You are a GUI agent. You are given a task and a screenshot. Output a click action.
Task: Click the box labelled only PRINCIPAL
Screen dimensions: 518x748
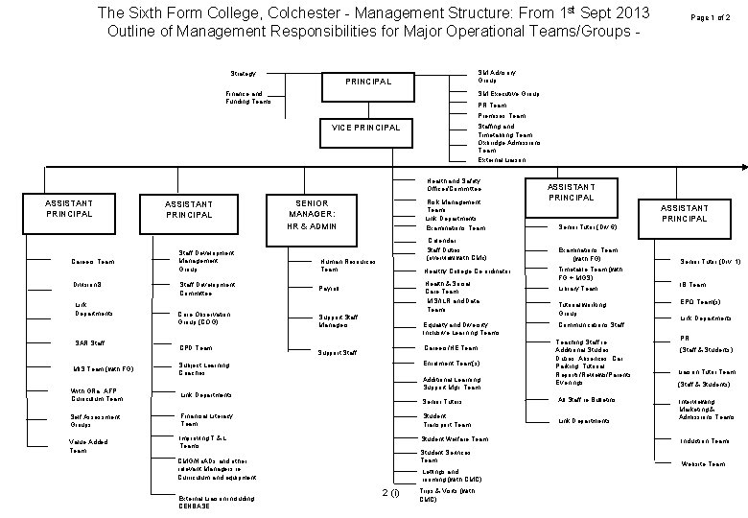368,82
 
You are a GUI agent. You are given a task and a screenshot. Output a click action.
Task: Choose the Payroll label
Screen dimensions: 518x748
329,288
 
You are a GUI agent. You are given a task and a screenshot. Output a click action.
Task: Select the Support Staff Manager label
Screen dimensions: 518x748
339,321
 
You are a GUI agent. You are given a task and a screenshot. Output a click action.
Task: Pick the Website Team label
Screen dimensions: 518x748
703,463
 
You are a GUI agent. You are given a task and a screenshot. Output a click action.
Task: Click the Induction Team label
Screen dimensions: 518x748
705,440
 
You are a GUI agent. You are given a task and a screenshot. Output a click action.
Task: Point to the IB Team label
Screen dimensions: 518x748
693,284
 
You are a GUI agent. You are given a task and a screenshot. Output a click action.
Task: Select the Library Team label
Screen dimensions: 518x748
578,288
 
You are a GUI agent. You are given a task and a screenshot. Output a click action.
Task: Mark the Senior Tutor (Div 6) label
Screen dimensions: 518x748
586,226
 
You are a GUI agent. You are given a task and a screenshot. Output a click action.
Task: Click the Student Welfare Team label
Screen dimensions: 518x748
454,439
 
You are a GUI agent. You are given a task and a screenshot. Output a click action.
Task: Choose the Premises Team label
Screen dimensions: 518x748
501,116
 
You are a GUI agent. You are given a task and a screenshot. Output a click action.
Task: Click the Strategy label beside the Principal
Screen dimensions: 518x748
244,73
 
